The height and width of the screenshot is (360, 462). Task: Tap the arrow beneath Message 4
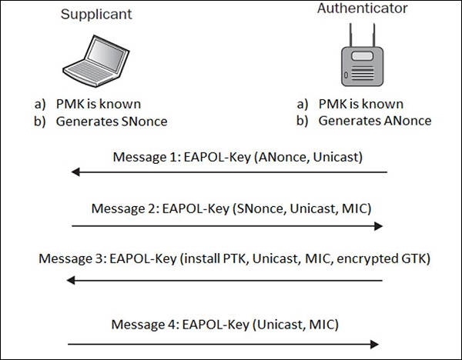pos(223,343)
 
